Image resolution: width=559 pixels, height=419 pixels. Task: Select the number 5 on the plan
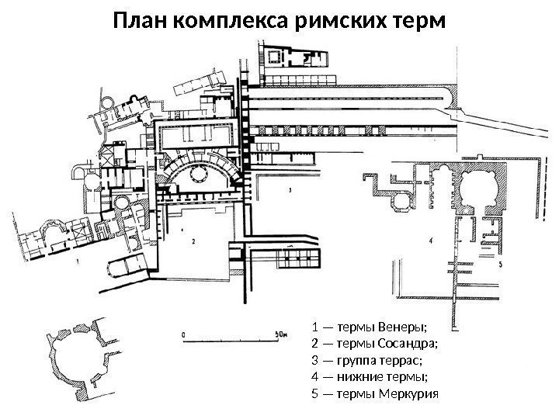click(x=500, y=265)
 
